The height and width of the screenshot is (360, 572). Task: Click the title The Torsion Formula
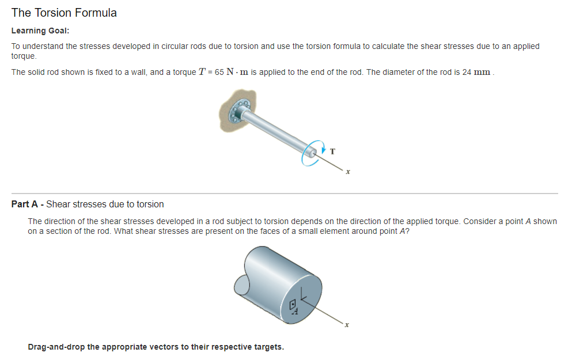[x=64, y=13]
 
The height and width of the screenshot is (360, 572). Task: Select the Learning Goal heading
[x=40, y=31]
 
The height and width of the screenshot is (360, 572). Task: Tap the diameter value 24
[x=467, y=73]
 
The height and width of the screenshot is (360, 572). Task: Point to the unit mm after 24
[x=483, y=73]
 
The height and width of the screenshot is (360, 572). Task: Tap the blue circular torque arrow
[x=311, y=153]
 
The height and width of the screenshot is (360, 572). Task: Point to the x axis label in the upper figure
[x=348, y=172]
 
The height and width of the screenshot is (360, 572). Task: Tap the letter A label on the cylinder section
[x=296, y=312]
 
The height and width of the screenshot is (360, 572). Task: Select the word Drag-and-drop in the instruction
[x=55, y=347]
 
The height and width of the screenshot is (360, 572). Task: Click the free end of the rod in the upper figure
[x=312, y=152]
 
